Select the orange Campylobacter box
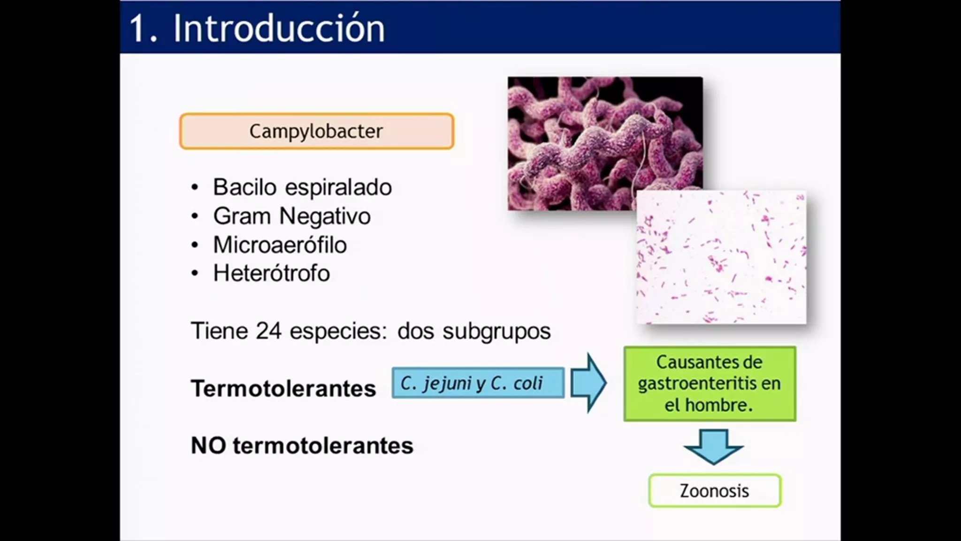317,131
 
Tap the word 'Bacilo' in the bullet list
245,187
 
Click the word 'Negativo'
325,216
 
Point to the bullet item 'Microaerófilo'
280,245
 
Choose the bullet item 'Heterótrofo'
272,273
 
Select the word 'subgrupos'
496,332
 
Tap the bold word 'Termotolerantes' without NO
283,389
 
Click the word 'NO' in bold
209,445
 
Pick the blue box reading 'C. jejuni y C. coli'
478,383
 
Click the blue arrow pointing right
588,383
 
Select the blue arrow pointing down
713,447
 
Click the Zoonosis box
715,491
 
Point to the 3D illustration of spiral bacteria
605,143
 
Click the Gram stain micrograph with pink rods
721,257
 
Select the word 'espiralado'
338,188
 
